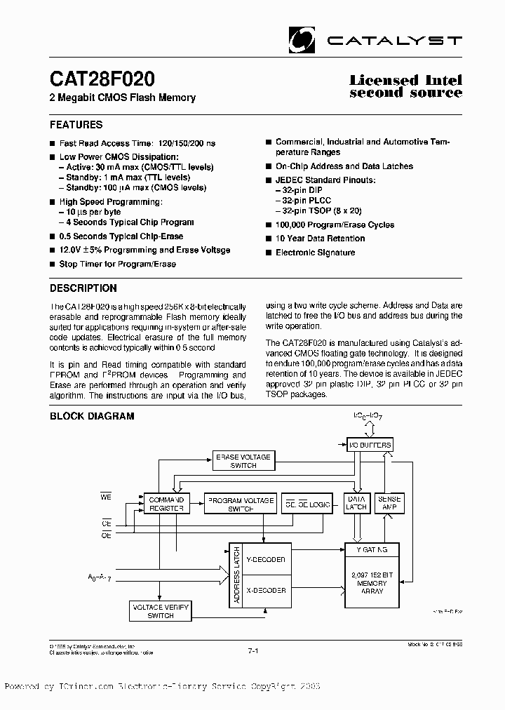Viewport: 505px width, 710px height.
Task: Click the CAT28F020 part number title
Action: pyautogui.click(x=102, y=77)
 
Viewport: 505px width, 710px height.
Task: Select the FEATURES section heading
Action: pyautogui.click(x=76, y=125)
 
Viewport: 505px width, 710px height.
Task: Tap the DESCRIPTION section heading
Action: pyautogui.click(x=83, y=288)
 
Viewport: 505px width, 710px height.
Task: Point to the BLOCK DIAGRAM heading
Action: pyautogui.click(x=91, y=416)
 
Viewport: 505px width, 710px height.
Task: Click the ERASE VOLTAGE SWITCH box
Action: pyautogui.click(x=243, y=461)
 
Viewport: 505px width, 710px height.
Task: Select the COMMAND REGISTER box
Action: pyautogui.click(x=166, y=503)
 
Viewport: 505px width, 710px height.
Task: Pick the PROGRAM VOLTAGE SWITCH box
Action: pyautogui.click(x=239, y=503)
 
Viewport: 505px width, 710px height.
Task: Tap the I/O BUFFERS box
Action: pyautogui.click(x=370, y=445)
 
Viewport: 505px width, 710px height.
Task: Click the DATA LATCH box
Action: pyautogui.click(x=357, y=503)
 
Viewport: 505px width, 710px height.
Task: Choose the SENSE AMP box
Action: pyautogui.click(x=390, y=503)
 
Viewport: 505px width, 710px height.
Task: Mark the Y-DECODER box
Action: pyautogui.click(x=267, y=560)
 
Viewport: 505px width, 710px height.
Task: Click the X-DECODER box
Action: pyautogui.click(x=267, y=591)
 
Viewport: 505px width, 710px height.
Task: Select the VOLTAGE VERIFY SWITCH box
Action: pyautogui.click(x=161, y=611)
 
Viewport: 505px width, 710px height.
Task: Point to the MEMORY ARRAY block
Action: pyautogui.click(x=372, y=582)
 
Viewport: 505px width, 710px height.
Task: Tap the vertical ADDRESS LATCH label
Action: pyautogui.click(x=237, y=575)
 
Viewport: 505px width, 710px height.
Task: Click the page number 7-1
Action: pyautogui.click(x=253, y=652)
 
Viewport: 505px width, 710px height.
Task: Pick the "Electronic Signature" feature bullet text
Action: pyautogui.click(x=315, y=253)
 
